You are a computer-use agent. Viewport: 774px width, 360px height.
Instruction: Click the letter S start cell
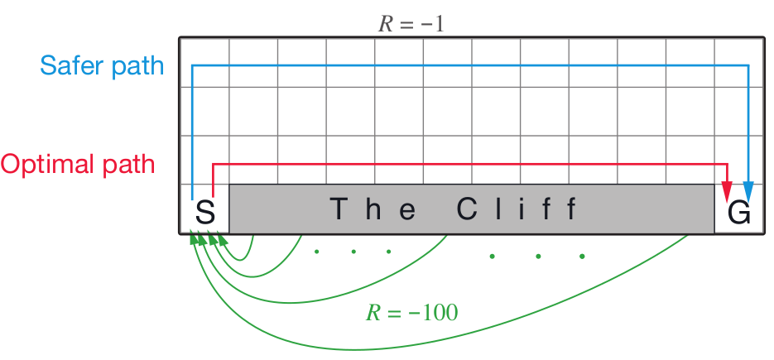coord(204,213)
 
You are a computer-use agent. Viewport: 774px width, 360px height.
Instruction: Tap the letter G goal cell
coord(738,213)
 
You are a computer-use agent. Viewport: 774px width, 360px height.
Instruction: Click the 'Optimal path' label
coord(78,164)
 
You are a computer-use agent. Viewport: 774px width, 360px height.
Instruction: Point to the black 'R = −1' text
coord(411,23)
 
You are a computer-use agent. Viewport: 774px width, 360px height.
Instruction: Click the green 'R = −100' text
coord(411,313)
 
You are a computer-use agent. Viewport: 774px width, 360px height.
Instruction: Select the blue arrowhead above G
coord(748,192)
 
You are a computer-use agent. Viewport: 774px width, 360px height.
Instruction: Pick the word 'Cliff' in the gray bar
coord(516,210)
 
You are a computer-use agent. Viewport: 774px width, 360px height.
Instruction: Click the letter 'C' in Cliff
coord(465,210)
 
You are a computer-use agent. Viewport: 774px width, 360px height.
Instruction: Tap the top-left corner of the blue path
coord(192,65)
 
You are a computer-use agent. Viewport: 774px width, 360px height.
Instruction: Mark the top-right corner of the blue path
coord(748,65)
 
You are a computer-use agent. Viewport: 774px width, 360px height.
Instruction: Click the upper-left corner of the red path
coord(214,164)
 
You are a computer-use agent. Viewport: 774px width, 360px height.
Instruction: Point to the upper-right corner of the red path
coord(727,164)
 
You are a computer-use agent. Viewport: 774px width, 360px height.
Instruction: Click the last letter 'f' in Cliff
coord(570,210)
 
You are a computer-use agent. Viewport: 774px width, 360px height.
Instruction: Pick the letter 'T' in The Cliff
coord(338,210)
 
